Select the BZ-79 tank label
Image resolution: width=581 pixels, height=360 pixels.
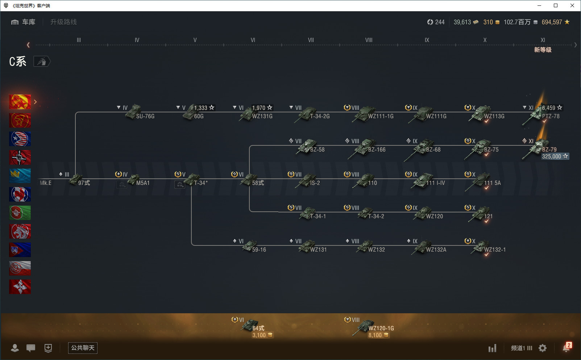click(x=549, y=149)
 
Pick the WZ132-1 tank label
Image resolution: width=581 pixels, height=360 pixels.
click(x=495, y=249)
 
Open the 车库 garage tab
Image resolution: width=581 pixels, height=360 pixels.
click(x=24, y=22)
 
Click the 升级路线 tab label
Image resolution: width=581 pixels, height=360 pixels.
click(x=63, y=22)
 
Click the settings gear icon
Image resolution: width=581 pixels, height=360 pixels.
click(x=543, y=348)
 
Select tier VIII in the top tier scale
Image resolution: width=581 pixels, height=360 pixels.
click(x=369, y=40)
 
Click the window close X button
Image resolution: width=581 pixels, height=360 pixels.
click(x=572, y=5)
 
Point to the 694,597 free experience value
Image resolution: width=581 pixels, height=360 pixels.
click(x=552, y=22)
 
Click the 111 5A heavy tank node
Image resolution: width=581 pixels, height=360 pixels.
click(x=482, y=181)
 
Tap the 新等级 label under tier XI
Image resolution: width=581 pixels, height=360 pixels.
click(x=543, y=50)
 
